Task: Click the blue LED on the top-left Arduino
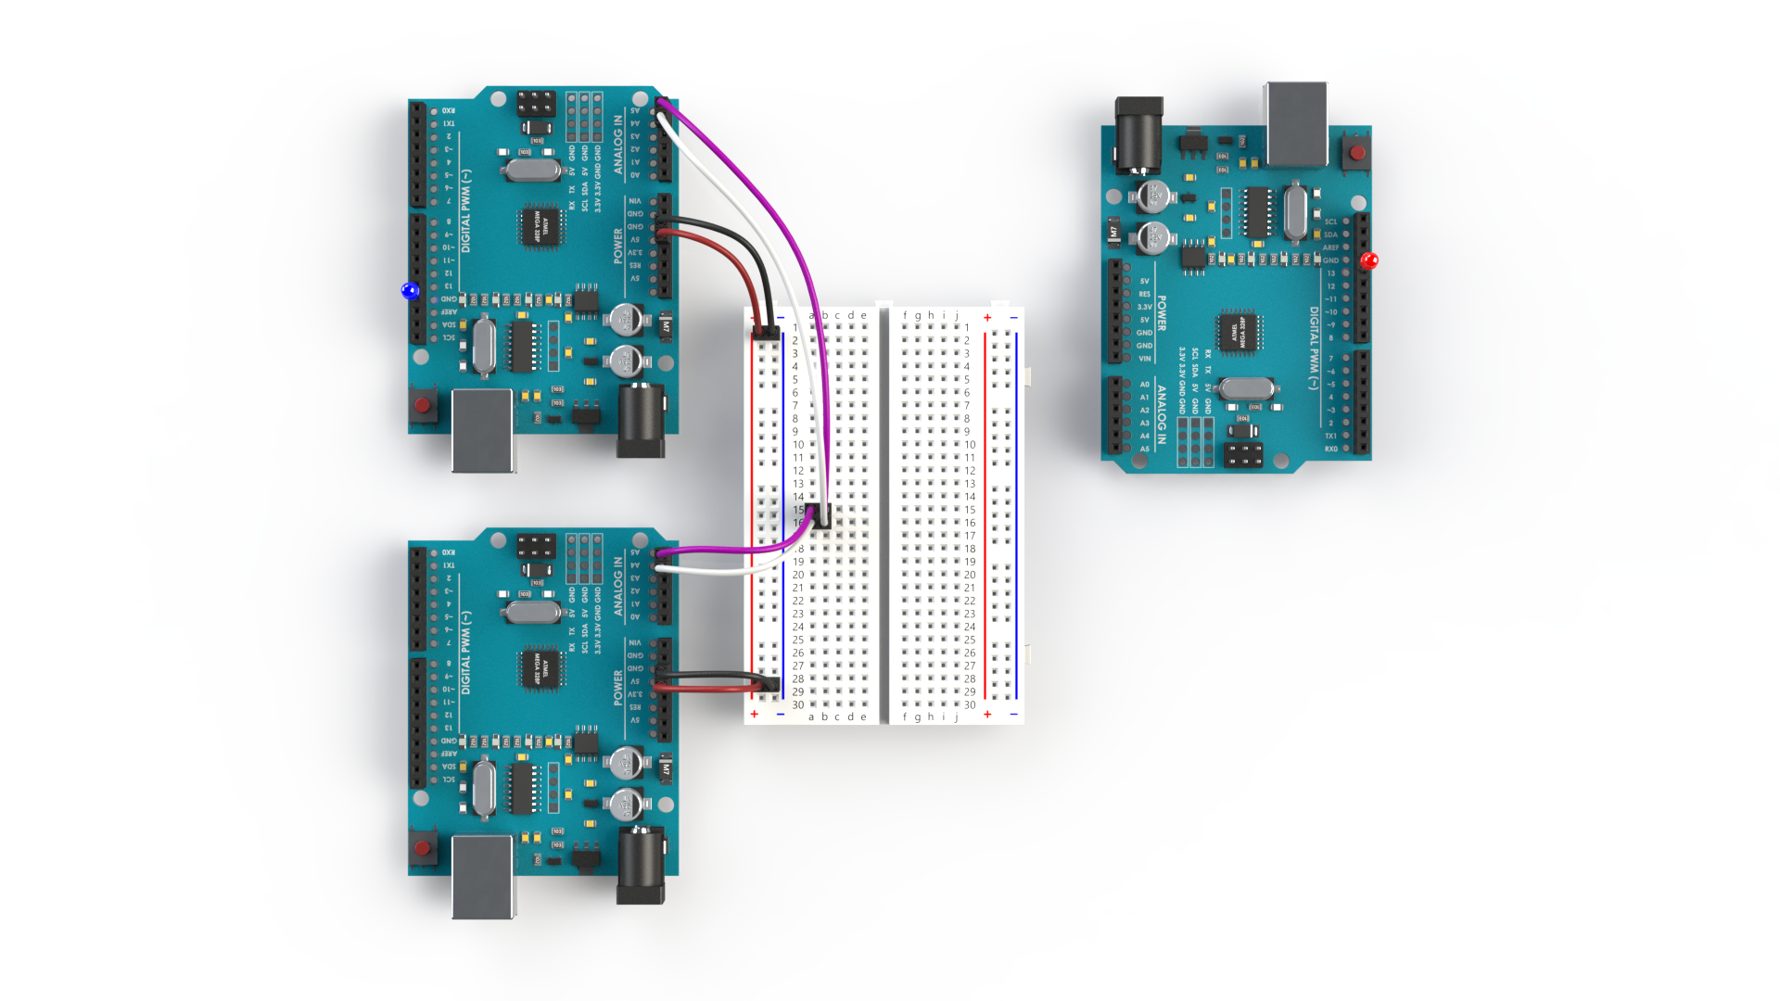coord(410,291)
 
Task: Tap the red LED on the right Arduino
coord(1368,261)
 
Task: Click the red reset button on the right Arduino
coord(1357,153)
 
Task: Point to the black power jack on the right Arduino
coord(1138,135)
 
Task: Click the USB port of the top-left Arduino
coord(482,430)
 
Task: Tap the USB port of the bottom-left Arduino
coord(482,875)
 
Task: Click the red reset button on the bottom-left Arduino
coord(423,848)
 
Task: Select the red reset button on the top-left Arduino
coord(423,405)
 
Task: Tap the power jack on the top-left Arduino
coord(641,422)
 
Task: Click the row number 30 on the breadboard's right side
coord(970,705)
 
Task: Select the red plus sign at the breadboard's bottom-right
coord(987,715)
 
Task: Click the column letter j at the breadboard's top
coord(957,315)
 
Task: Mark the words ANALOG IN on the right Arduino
coord(1161,414)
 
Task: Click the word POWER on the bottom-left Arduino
coord(618,689)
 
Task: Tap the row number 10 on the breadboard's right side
coord(970,445)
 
